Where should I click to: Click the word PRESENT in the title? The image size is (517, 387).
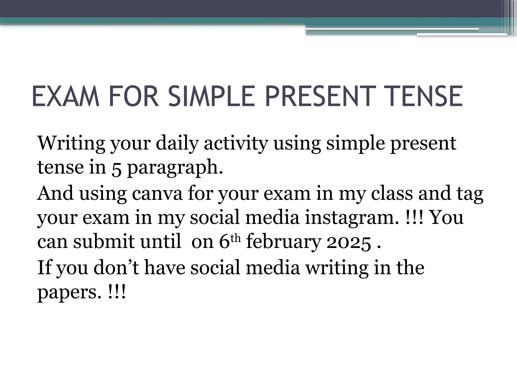click(319, 96)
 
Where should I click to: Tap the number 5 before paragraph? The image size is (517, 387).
click(116, 168)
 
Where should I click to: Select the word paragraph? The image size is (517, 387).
click(175, 168)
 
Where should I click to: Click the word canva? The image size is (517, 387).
click(157, 193)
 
